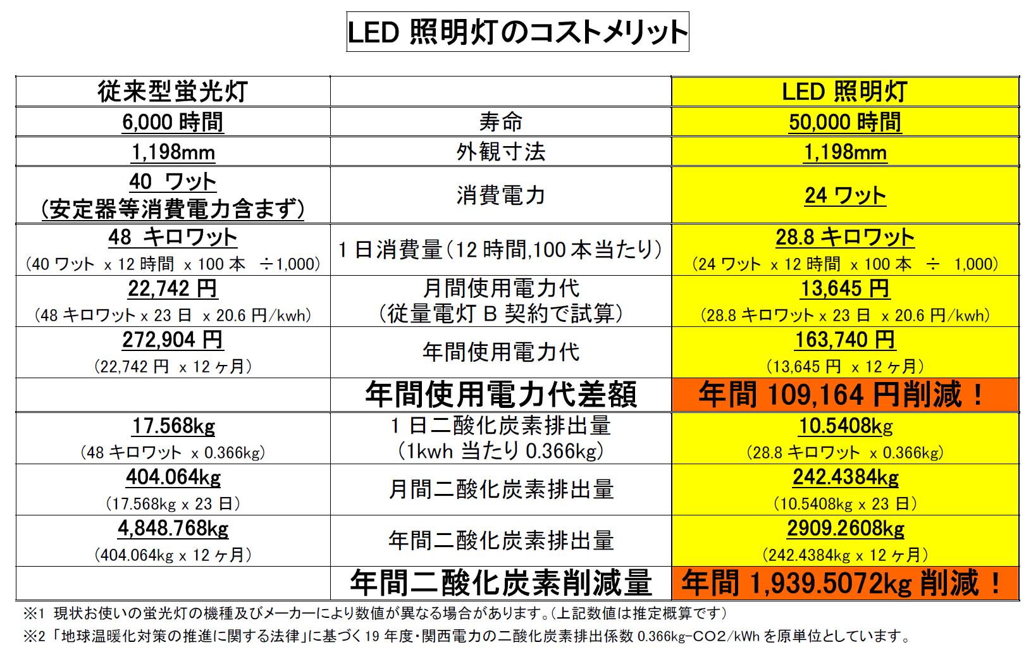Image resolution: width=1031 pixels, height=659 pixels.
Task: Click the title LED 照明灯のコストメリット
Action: point(517,32)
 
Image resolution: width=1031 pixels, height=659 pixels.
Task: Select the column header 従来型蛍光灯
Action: point(173,92)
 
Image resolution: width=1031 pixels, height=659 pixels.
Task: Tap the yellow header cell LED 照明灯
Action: point(845,92)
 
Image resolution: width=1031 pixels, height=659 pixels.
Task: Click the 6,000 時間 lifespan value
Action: point(173,121)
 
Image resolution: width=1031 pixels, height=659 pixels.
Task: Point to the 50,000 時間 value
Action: point(845,121)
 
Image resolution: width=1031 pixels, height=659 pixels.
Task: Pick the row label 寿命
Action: point(500,121)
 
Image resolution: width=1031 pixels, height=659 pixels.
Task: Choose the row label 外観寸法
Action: point(500,152)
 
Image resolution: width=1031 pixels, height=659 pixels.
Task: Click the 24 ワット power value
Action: point(845,195)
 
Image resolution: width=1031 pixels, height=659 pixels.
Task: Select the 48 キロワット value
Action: point(173,237)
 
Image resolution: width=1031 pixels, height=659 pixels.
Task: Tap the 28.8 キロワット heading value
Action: point(845,237)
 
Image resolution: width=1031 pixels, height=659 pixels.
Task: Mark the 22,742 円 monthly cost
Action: point(173,289)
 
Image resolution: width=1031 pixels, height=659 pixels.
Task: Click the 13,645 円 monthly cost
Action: point(845,289)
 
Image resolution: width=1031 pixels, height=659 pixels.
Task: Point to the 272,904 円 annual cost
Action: point(173,340)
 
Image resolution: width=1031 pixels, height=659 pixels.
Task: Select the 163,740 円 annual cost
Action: point(845,340)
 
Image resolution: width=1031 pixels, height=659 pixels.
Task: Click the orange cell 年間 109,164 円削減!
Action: point(845,395)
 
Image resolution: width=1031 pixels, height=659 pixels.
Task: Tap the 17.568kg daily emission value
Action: point(173,426)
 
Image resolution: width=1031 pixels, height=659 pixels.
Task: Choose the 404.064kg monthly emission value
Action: point(173,477)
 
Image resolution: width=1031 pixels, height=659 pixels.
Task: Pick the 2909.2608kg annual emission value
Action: point(845,528)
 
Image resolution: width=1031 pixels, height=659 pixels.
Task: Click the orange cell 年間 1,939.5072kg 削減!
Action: point(845,583)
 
